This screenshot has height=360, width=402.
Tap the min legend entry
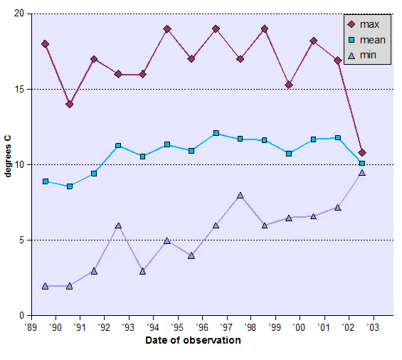coord(365,55)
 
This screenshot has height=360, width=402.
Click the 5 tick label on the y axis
coord(21,240)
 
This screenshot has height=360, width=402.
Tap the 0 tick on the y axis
coord(21,316)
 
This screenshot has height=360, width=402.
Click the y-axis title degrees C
coord(8,165)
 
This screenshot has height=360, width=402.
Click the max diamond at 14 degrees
coord(70,105)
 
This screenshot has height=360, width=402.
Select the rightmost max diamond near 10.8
coord(362,153)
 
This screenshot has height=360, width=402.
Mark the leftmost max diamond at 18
coord(46,44)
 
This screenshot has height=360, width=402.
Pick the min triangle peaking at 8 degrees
coord(240,195)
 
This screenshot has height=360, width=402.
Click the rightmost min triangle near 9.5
coord(362,172)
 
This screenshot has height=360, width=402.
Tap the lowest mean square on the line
coord(70,186)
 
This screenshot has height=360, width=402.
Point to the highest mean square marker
coord(216,133)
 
